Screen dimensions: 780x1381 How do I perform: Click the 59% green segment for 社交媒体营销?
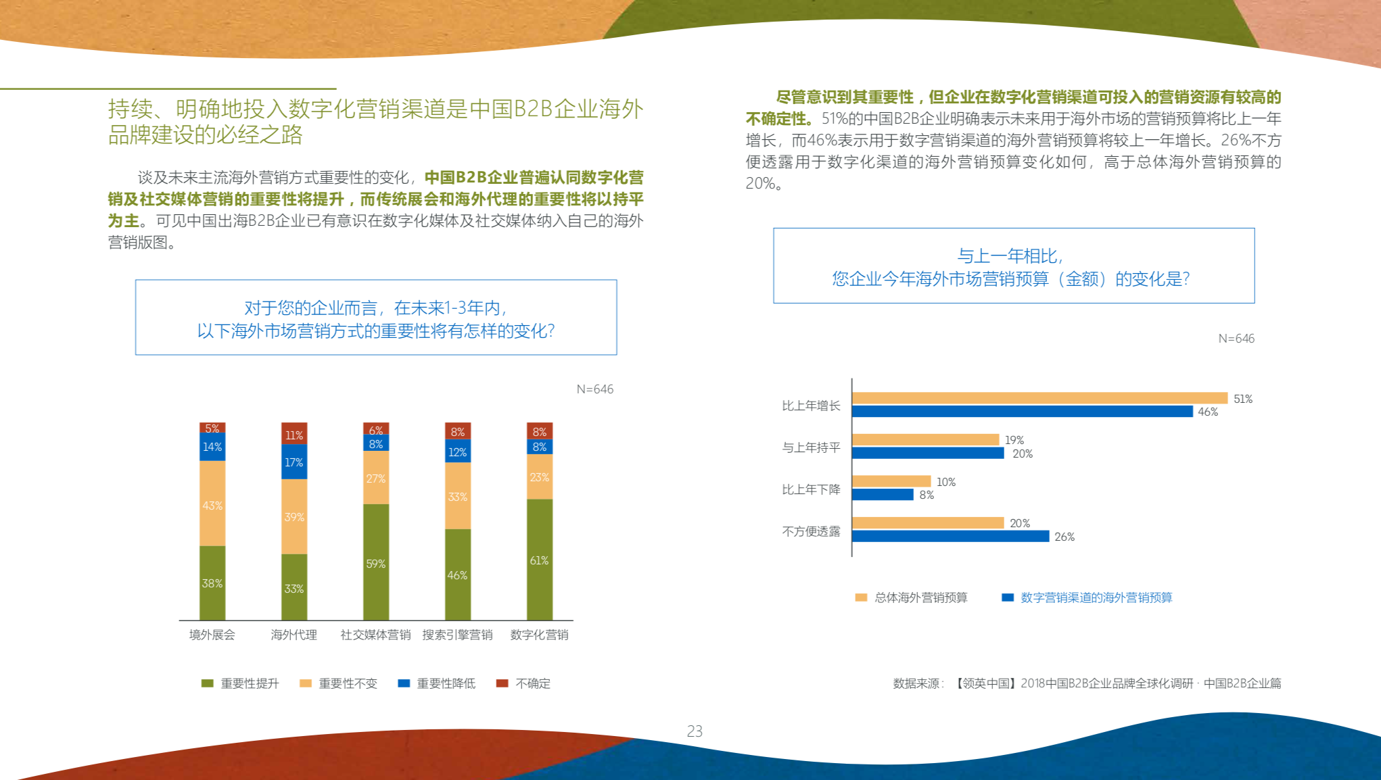click(375, 562)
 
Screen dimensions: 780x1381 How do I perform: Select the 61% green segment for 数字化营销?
click(539, 559)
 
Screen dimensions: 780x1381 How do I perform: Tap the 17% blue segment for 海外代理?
click(294, 462)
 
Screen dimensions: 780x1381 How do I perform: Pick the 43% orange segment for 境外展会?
click(212, 504)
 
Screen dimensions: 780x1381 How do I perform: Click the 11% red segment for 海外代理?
click(294, 434)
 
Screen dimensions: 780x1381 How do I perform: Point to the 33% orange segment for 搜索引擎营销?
click(457, 495)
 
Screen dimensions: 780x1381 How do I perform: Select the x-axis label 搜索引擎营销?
click(457, 635)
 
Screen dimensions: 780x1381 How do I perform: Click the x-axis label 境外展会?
click(212, 635)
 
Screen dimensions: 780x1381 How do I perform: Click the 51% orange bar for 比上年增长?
click(1039, 398)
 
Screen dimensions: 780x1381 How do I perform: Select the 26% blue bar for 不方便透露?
click(950, 536)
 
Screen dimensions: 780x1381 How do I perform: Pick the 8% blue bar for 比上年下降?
click(883, 495)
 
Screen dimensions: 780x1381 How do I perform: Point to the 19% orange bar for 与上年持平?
click(925, 439)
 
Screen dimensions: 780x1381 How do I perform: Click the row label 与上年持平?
click(811, 447)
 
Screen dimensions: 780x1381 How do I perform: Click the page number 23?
click(695, 731)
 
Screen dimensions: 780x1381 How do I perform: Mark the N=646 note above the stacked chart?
click(594, 389)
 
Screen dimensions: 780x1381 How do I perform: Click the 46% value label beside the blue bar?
click(1208, 412)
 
